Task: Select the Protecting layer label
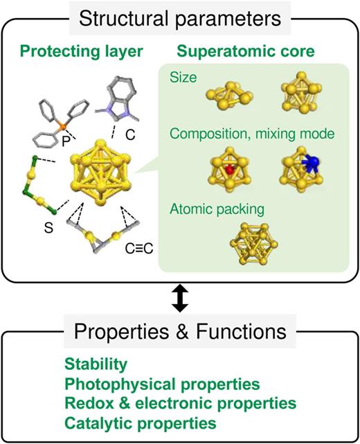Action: click(82, 51)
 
